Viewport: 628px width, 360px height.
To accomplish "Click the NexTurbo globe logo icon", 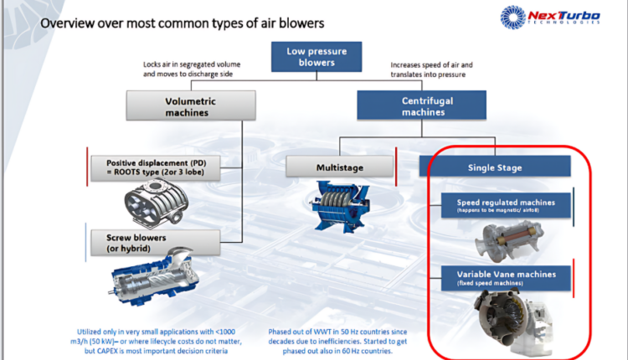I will pos(513,19).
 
